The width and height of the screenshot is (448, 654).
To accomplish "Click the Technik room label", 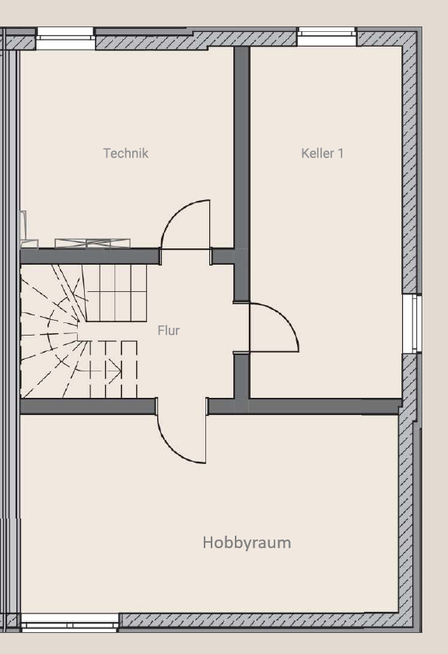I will [x=125, y=153].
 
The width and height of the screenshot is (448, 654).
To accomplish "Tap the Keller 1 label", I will [x=322, y=153].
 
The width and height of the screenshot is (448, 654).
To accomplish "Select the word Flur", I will [x=168, y=330].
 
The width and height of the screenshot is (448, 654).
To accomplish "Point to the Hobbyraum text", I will [x=247, y=542].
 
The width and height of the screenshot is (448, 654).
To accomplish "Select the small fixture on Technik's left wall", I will [x=23, y=222].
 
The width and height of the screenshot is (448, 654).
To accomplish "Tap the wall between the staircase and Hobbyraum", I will [x=86, y=406].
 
